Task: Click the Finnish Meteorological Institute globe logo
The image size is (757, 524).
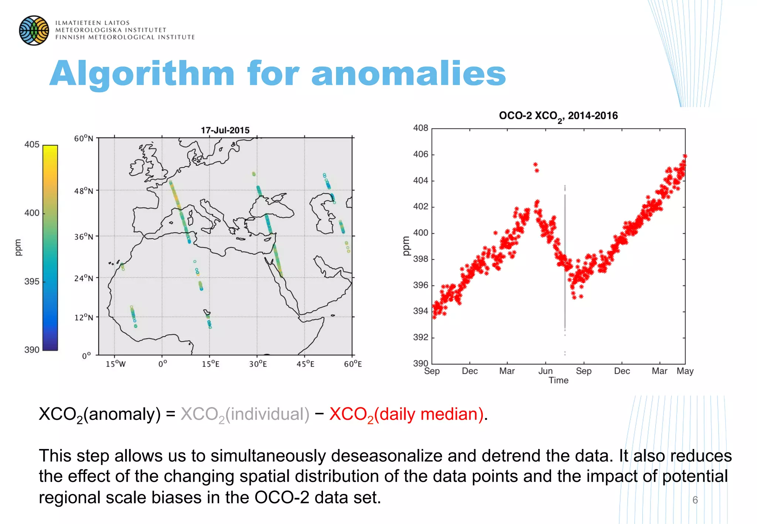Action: (x=34, y=30)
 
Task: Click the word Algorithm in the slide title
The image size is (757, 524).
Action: (x=142, y=74)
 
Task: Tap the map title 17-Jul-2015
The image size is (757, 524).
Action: (x=225, y=130)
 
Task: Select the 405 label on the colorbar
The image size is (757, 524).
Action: (x=32, y=145)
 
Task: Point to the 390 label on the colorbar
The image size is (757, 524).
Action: (x=32, y=350)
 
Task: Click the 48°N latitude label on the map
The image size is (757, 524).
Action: (x=84, y=191)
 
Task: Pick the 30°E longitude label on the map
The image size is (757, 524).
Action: (x=258, y=364)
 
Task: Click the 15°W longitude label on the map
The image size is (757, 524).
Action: (x=115, y=364)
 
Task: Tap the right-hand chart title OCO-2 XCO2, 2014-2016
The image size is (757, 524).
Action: (x=558, y=116)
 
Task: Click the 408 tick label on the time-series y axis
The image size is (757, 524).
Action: (x=420, y=128)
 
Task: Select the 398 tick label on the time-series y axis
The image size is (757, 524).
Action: (x=420, y=259)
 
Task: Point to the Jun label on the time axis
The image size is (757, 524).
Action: (x=545, y=371)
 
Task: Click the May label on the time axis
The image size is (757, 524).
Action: (x=685, y=371)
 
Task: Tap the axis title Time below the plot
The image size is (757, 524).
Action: (x=558, y=380)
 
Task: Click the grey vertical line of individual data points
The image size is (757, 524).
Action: (x=565, y=258)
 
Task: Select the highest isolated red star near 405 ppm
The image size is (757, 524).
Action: (x=535, y=165)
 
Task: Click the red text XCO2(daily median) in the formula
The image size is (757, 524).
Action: (x=407, y=414)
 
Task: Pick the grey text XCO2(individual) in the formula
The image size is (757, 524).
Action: (x=245, y=414)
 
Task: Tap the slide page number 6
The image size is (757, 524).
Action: (x=695, y=500)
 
